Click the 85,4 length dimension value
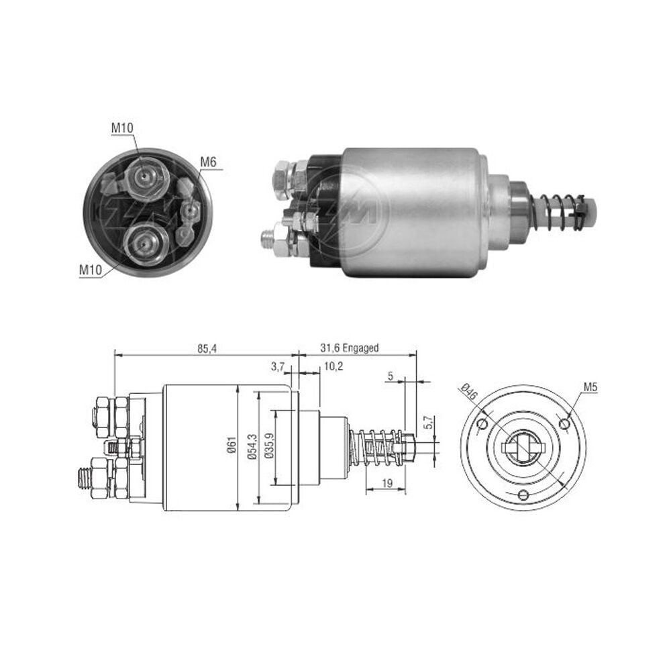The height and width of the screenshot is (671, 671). pos(207,349)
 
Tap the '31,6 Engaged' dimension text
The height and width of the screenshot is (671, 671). pos(350,348)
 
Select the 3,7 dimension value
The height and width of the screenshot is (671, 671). pos(278,366)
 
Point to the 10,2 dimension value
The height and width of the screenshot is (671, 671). pos(333,366)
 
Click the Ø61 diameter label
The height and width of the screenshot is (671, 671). pos(231,445)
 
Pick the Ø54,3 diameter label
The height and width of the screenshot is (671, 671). pos(252,446)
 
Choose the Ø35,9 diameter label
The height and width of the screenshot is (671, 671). pos(269,446)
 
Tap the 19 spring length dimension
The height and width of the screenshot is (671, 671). pos(387,483)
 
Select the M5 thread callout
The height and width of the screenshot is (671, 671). pos(590,387)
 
